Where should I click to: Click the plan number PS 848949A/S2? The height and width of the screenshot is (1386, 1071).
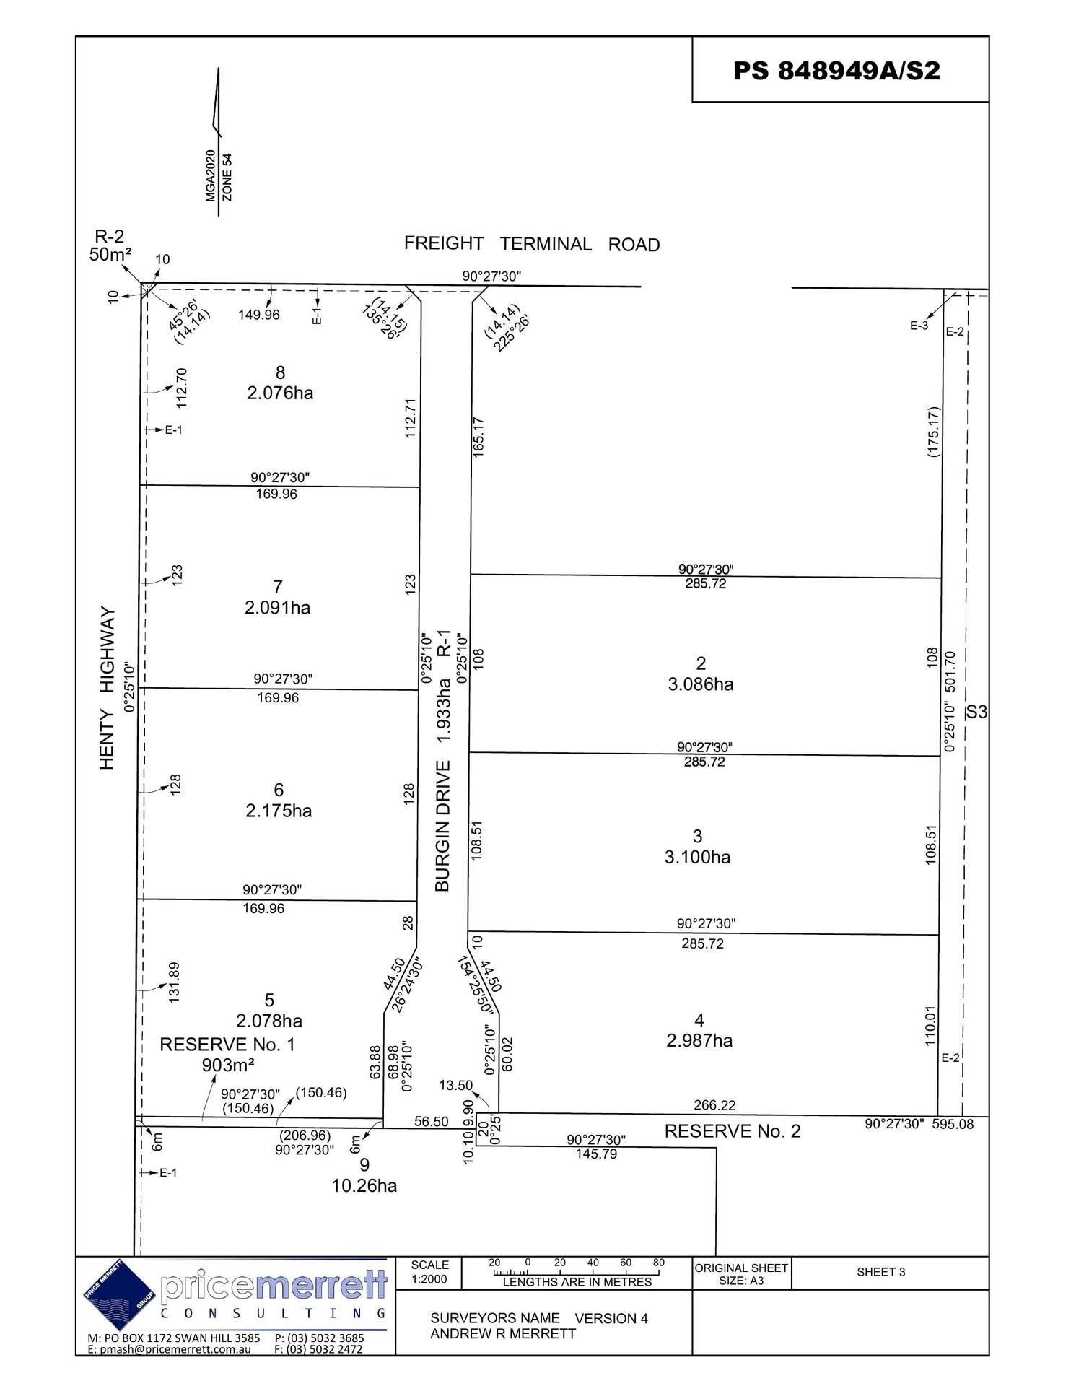tap(836, 71)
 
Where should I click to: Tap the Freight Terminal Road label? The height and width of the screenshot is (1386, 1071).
tap(532, 244)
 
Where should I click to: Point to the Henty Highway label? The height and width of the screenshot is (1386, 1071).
tap(107, 688)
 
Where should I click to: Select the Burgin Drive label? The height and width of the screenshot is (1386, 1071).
tap(442, 825)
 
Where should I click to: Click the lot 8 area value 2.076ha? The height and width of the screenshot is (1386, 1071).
tap(280, 393)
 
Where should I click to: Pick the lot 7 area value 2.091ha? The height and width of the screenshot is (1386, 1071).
tap(277, 608)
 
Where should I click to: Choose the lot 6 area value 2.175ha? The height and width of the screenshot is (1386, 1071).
tap(279, 811)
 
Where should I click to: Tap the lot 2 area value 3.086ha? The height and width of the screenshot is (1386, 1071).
tap(701, 684)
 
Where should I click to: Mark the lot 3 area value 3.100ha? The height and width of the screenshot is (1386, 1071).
tap(697, 857)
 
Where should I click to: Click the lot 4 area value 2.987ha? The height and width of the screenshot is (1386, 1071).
tap(699, 1040)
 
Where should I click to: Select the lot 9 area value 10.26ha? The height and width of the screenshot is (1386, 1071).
tap(364, 1185)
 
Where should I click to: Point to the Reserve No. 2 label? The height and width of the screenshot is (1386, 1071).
tap(733, 1131)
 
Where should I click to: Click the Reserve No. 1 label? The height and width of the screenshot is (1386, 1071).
tap(227, 1045)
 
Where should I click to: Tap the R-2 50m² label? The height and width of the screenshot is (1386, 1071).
tap(110, 245)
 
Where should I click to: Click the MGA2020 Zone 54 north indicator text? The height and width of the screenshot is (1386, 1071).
tap(219, 176)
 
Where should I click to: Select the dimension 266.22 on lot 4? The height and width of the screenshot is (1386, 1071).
tap(714, 1105)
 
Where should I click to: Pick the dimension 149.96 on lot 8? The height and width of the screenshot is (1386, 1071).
tap(259, 315)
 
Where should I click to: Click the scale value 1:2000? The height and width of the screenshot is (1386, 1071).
tap(429, 1279)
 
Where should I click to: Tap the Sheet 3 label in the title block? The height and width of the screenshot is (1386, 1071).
tap(881, 1272)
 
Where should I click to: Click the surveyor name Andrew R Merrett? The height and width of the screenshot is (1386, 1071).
tap(503, 1333)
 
